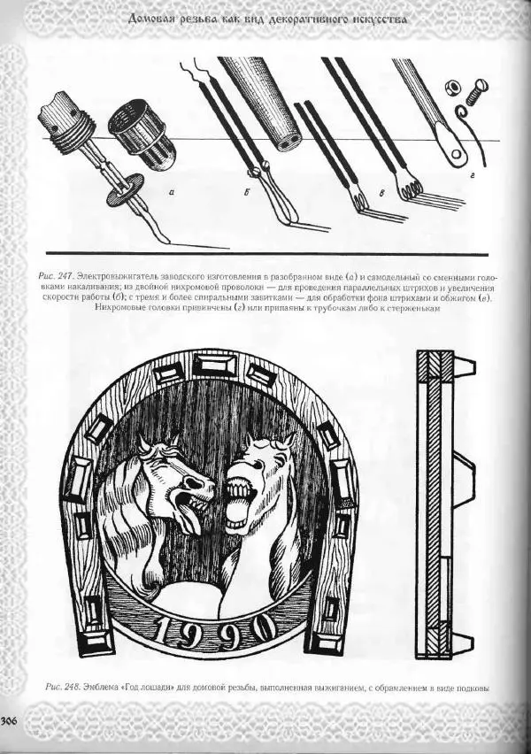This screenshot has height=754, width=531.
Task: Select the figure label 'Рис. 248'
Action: [60, 687]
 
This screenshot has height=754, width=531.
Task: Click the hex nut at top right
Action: [450, 87]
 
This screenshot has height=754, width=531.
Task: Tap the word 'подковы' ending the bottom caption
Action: [467, 688]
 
